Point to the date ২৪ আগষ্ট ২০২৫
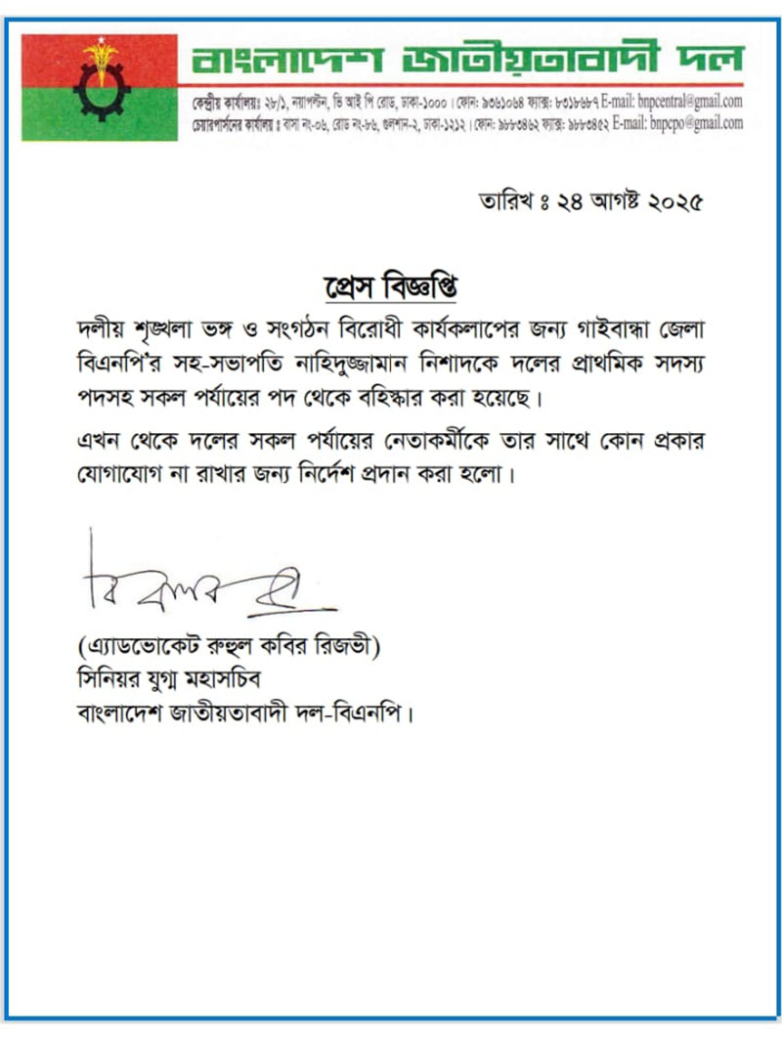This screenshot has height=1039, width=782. point(627,204)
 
